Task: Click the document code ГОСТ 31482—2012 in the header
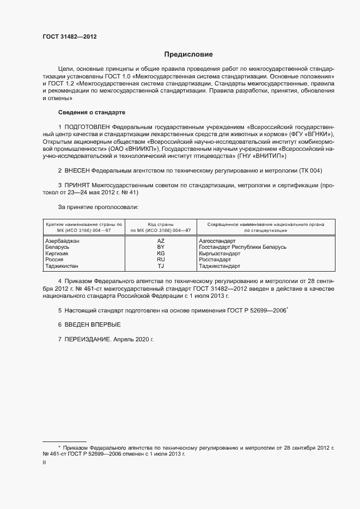70,37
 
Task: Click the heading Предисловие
188,54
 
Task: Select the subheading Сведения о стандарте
91,112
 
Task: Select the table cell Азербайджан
63,240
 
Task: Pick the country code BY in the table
160,247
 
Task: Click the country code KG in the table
160,253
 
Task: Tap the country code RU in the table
160,260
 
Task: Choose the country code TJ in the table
160,266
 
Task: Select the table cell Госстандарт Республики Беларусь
242,247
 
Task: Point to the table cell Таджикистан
62,266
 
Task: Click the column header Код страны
160,224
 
